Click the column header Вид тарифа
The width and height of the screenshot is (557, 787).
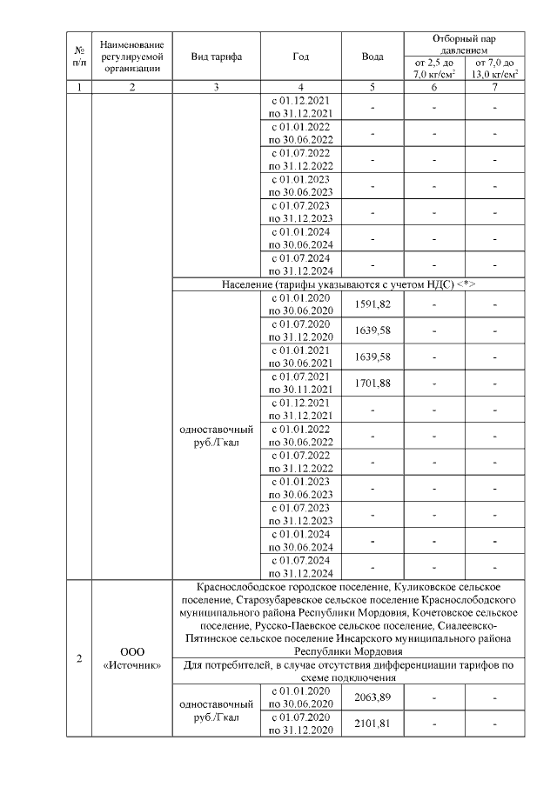pos(216,57)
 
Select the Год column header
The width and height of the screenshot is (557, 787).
pos(301,57)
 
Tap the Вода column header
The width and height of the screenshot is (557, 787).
pos(372,57)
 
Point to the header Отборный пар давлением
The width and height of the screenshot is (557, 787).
pos(465,43)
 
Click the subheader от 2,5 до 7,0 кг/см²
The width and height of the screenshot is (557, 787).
pos(433,69)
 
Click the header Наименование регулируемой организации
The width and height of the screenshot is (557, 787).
pos(131,57)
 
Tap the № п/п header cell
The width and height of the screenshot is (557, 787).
pos(79,57)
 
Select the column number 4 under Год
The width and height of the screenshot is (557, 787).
pos(301,87)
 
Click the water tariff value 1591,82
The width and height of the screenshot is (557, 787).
pos(372,303)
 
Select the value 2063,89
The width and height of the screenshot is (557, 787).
pos(372,697)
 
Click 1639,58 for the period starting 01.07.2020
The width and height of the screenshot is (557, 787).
pos(372,330)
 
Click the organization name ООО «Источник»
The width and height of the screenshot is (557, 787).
pos(131,657)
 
